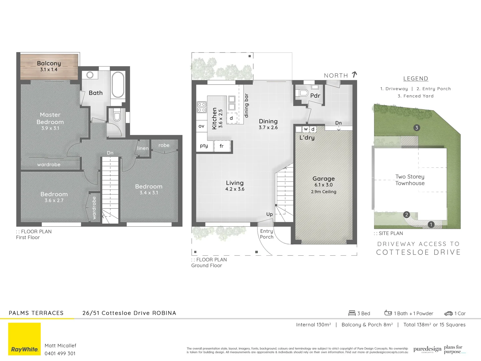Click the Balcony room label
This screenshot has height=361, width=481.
(49, 64)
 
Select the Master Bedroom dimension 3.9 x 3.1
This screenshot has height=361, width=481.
(50, 128)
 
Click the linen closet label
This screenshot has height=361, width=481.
(143, 148)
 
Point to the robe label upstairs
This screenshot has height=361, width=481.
(164, 145)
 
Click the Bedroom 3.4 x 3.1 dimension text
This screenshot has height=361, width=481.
(149, 193)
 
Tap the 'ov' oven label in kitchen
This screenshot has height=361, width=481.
(201, 126)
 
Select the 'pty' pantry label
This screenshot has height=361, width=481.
(204, 146)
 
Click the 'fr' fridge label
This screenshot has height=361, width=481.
(221, 146)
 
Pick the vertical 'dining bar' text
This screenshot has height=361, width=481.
(247, 106)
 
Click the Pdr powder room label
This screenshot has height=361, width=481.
(315, 96)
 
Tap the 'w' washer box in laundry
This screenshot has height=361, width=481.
(306, 129)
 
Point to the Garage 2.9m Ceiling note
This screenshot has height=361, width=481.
(323, 192)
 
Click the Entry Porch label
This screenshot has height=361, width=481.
(267, 234)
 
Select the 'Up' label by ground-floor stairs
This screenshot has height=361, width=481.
(270, 214)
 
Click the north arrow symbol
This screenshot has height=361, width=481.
(354, 75)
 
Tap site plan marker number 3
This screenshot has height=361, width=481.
(416, 128)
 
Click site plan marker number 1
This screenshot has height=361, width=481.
(431, 225)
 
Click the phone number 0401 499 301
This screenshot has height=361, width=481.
(60, 354)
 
